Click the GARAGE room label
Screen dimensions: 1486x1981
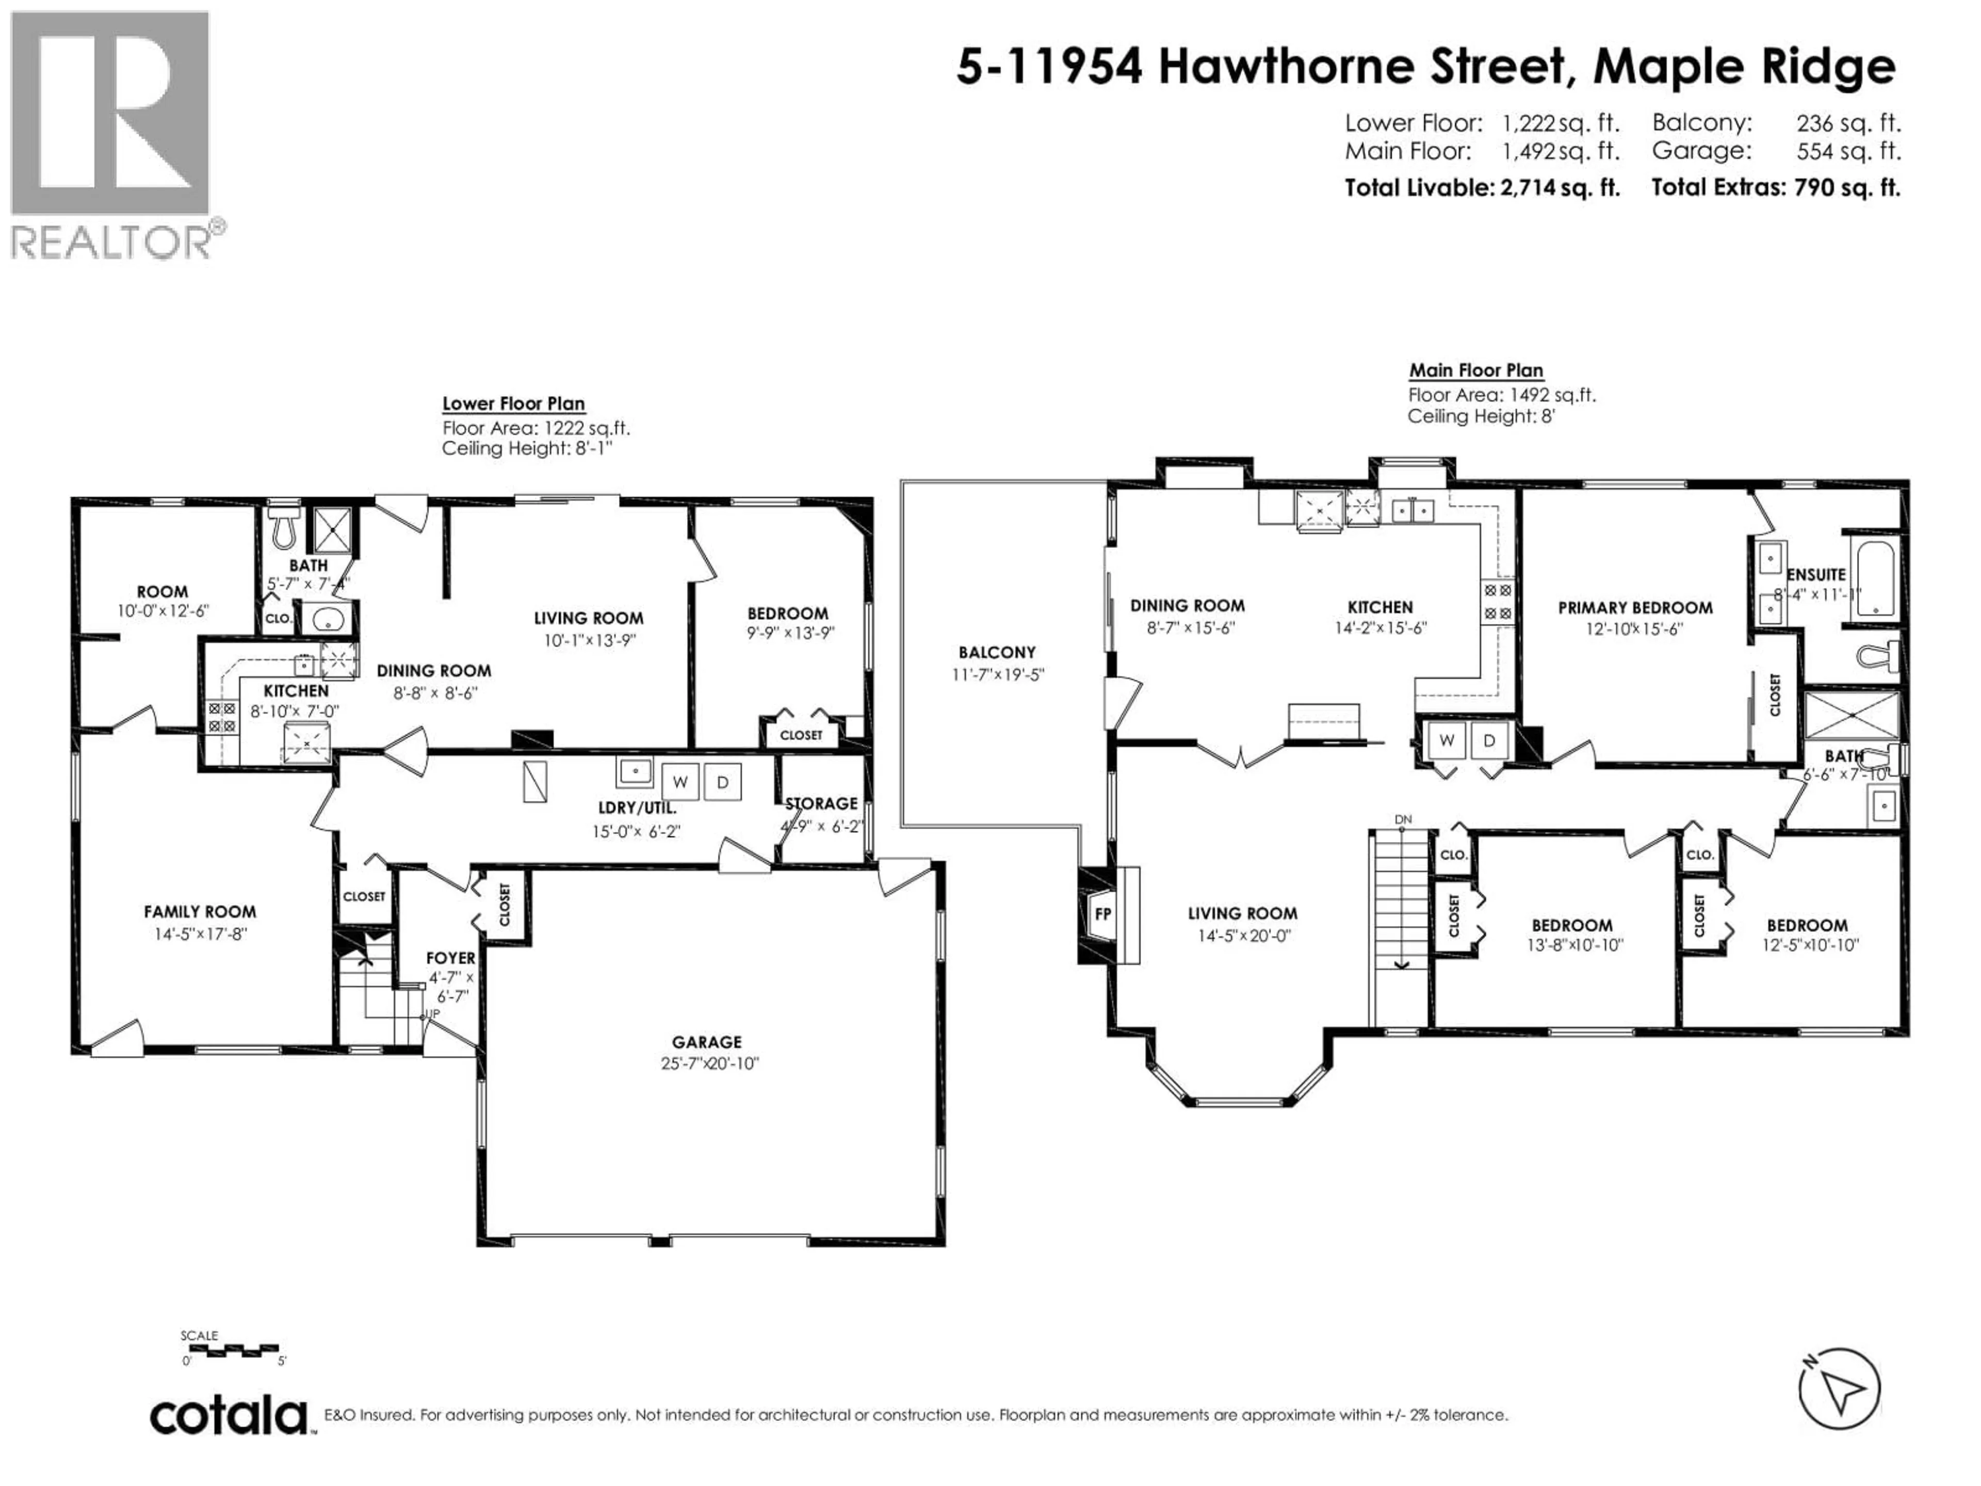click(707, 1042)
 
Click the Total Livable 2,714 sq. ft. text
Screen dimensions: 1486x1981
click(1482, 188)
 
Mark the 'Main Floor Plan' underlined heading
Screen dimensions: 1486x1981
click(1476, 370)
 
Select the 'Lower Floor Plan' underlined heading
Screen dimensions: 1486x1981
click(513, 404)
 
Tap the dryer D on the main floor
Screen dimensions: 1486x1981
click(1489, 740)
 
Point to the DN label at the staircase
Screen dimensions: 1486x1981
click(1403, 819)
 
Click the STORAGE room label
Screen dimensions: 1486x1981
click(821, 803)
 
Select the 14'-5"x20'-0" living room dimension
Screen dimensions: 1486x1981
click(1244, 936)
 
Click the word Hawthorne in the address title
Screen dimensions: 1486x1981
click(1362, 66)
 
